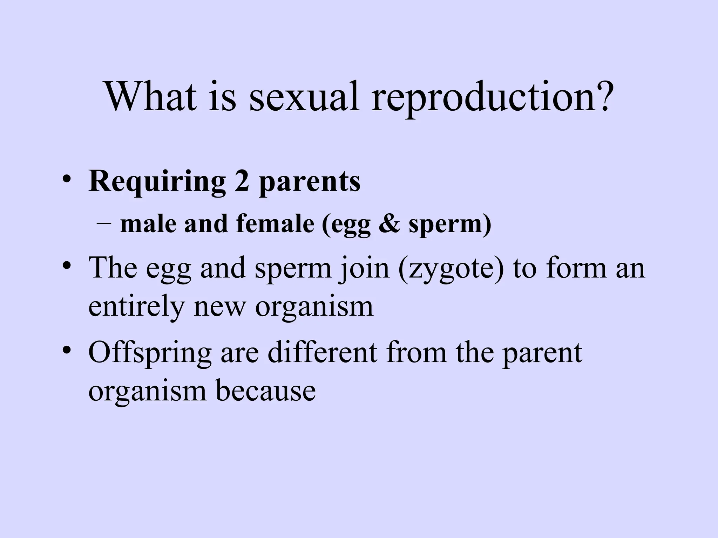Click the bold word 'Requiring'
pos(157,182)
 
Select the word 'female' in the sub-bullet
pos(275,223)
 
